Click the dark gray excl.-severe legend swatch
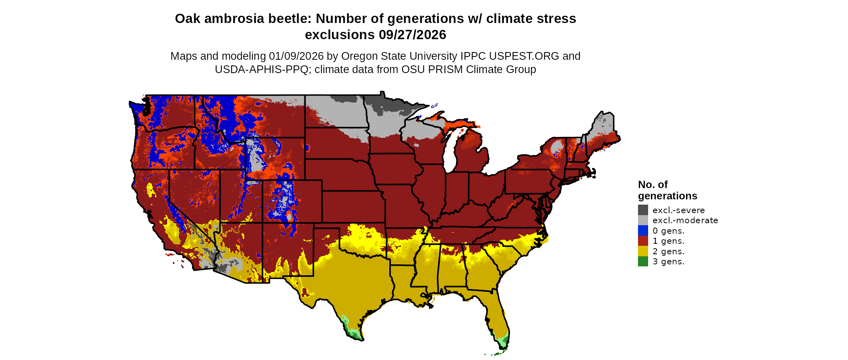(x=643, y=210)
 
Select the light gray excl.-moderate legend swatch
(x=643, y=220)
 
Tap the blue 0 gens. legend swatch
(x=643, y=230)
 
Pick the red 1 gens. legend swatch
(x=643, y=241)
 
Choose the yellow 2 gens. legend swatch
(x=643, y=251)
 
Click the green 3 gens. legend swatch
(x=643, y=262)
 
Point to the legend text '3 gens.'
(x=668, y=262)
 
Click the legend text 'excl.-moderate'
(x=685, y=220)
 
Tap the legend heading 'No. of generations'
(x=667, y=190)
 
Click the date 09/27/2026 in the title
(x=412, y=35)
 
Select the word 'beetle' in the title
(x=292, y=19)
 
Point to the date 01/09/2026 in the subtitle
(x=296, y=56)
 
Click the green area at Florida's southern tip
(x=503, y=343)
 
